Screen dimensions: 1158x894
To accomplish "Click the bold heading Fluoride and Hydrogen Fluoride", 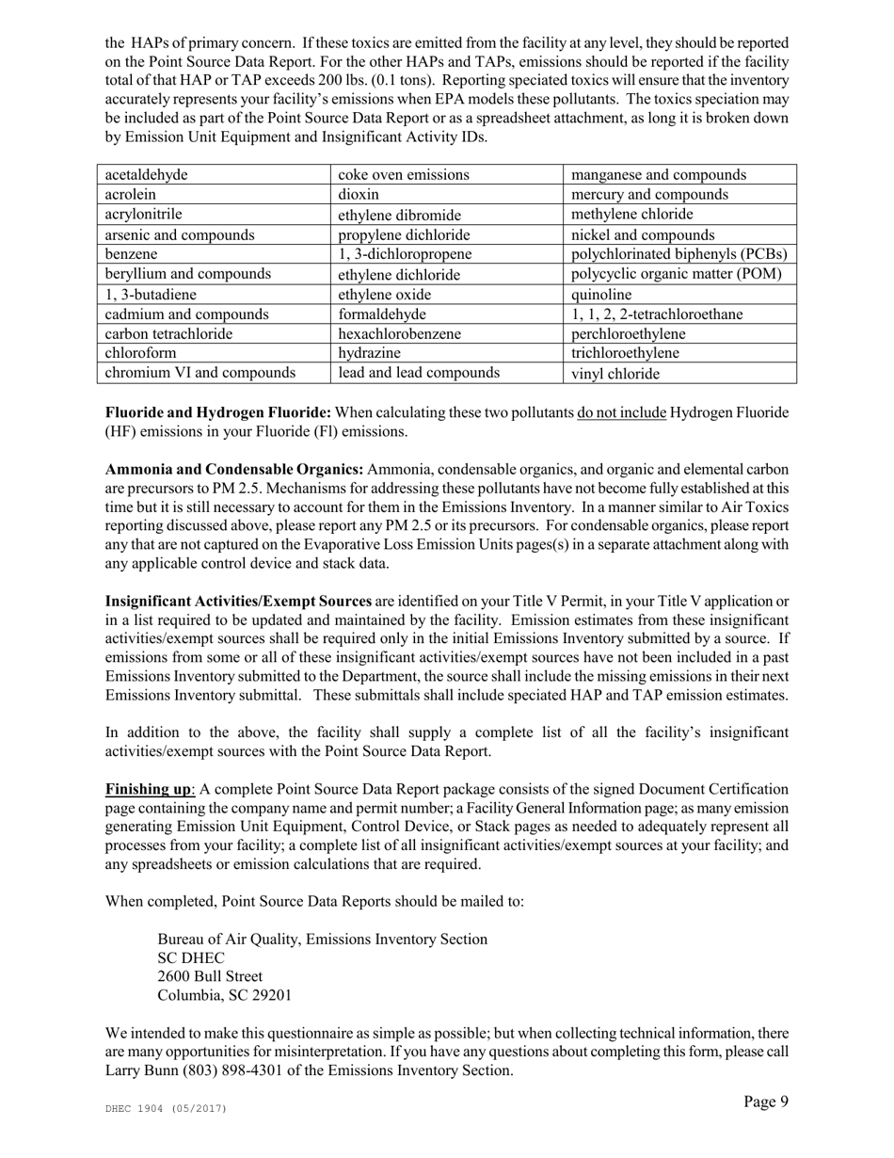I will point(217,413).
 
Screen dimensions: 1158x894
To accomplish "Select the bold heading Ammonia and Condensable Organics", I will point(234,470).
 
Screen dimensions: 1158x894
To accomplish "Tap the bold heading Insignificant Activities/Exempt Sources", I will point(238,602).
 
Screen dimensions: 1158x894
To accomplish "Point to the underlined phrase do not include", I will point(622,413).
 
